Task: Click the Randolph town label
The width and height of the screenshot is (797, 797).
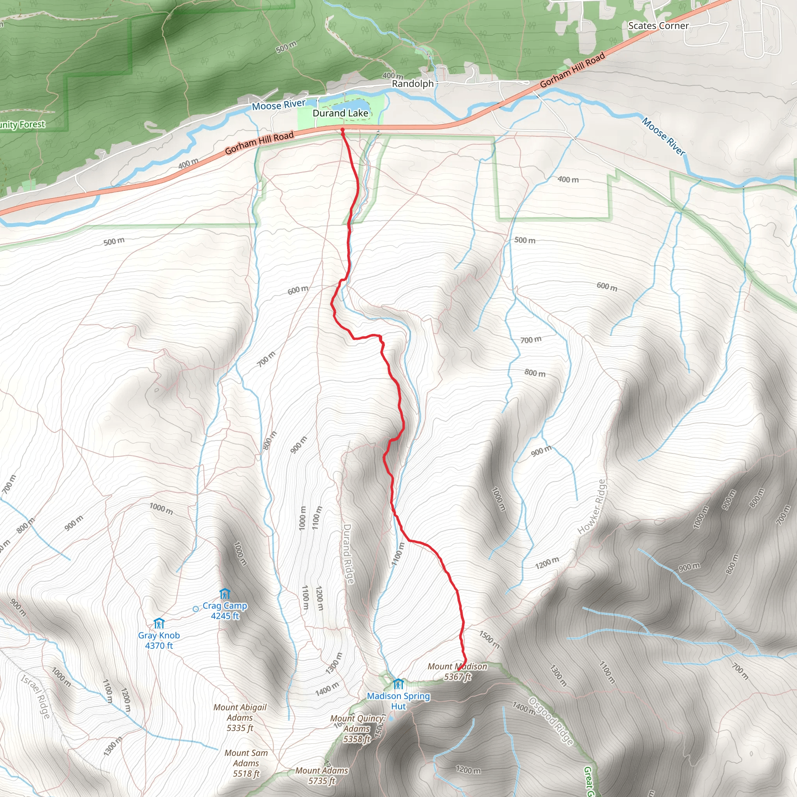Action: (413, 84)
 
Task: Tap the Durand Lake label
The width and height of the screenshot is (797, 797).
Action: (341, 113)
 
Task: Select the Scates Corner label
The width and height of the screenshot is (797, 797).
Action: (658, 26)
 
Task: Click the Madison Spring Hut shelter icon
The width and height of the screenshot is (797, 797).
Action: (398, 685)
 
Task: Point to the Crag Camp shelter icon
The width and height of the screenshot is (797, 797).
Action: (225, 594)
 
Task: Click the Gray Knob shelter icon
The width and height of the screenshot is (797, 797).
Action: (159, 623)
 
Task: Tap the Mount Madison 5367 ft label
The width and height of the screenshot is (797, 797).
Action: (457, 672)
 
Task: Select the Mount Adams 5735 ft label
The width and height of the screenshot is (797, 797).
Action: (322, 776)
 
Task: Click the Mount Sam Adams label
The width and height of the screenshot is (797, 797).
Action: (246, 763)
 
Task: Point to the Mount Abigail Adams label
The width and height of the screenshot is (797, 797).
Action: (240, 718)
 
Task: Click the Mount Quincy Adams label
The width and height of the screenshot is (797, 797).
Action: (357, 729)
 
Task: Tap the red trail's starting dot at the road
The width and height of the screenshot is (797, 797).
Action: (342, 130)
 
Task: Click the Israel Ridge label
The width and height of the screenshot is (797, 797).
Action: (36, 697)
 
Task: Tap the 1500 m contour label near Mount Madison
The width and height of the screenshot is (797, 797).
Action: (489, 639)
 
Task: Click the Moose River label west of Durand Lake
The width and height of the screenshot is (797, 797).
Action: (279, 105)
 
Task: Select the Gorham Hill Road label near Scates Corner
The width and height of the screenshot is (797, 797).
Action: (572, 70)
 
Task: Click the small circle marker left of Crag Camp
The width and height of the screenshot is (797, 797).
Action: (195, 609)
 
